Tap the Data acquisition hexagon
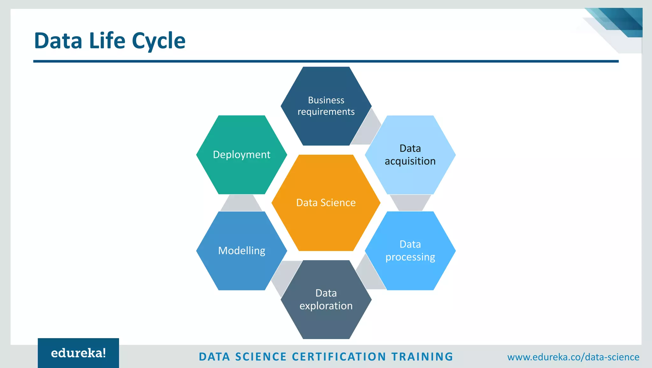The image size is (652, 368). click(x=410, y=178)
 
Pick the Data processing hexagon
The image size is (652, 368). click(x=410, y=274)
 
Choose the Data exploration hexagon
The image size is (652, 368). click(x=326, y=321)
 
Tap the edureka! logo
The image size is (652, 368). click(x=78, y=353)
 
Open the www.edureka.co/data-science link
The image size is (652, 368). click(x=573, y=357)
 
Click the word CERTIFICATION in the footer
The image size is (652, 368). click(x=339, y=357)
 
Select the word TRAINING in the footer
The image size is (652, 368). click(x=422, y=357)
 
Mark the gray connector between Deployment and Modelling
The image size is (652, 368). click(x=241, y=203)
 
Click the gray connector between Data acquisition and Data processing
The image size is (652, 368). click(x=410, y=203)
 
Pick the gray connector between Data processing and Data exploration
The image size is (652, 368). click(x=369, y=275)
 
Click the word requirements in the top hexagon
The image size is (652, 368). click(x=326, y=112)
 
